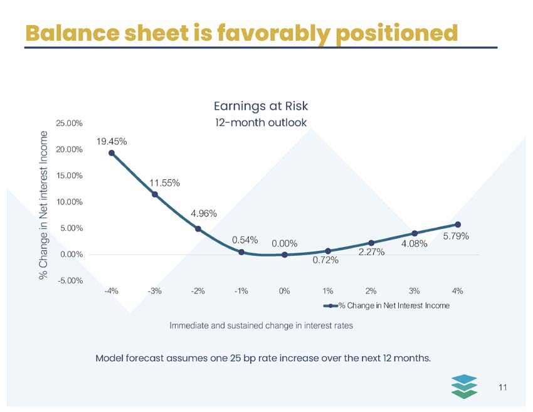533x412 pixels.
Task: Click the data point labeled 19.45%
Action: coord(112,153)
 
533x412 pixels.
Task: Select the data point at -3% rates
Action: coord(155,194)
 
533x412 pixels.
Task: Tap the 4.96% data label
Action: coord(204,213)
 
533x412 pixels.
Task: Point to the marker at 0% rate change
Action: coord(285,255)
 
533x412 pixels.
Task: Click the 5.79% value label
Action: coord(456,236)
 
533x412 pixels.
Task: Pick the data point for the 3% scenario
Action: coord(414,233)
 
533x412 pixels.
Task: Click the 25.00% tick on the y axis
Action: coord(70,124)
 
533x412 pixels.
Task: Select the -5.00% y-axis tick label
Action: coord(70,281)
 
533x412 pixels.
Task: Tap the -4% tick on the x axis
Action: coord(112,291)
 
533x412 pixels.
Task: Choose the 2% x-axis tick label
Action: coord(371,291)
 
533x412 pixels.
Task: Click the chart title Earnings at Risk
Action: coord(261,106)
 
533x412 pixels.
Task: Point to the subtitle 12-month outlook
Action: coord(261,122)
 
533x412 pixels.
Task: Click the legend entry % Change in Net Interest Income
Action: coord(386,305)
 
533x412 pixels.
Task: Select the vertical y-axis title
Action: coord(43,205)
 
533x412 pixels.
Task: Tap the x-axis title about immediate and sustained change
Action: coord(261,325)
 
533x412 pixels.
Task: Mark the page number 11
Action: coord(503,388)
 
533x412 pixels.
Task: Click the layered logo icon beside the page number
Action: coord(464,386)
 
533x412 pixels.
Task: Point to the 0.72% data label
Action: coord(325,260)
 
